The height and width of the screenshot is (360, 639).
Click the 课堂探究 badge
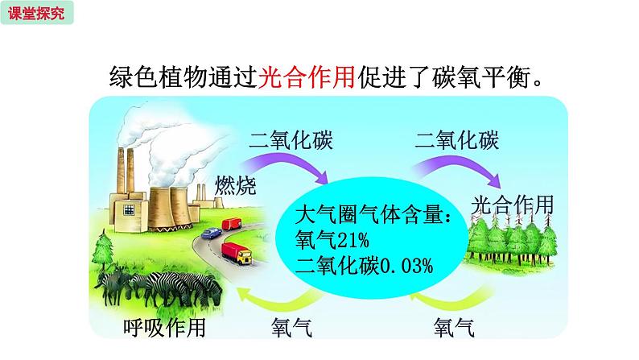coord(37,13)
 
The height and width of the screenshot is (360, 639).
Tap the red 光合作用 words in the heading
coord(307,77)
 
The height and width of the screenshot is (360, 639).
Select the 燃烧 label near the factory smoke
coord(236,185)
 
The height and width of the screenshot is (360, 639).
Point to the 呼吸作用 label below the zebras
coord(164,328)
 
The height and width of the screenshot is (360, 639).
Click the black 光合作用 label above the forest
coord(513,205)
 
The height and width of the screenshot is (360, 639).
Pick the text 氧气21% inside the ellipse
coord(332,239)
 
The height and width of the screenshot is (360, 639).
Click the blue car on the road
coord(212,234)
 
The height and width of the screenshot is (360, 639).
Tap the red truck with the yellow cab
coord(237,253)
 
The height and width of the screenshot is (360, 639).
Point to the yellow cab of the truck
coord(245,257)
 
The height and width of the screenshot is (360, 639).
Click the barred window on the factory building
coord(129,209)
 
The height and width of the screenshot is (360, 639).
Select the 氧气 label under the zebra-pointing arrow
coord(292,328)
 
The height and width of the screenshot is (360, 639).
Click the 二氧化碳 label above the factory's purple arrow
coord(291,140)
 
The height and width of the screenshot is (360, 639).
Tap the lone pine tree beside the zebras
coord(103,250)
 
